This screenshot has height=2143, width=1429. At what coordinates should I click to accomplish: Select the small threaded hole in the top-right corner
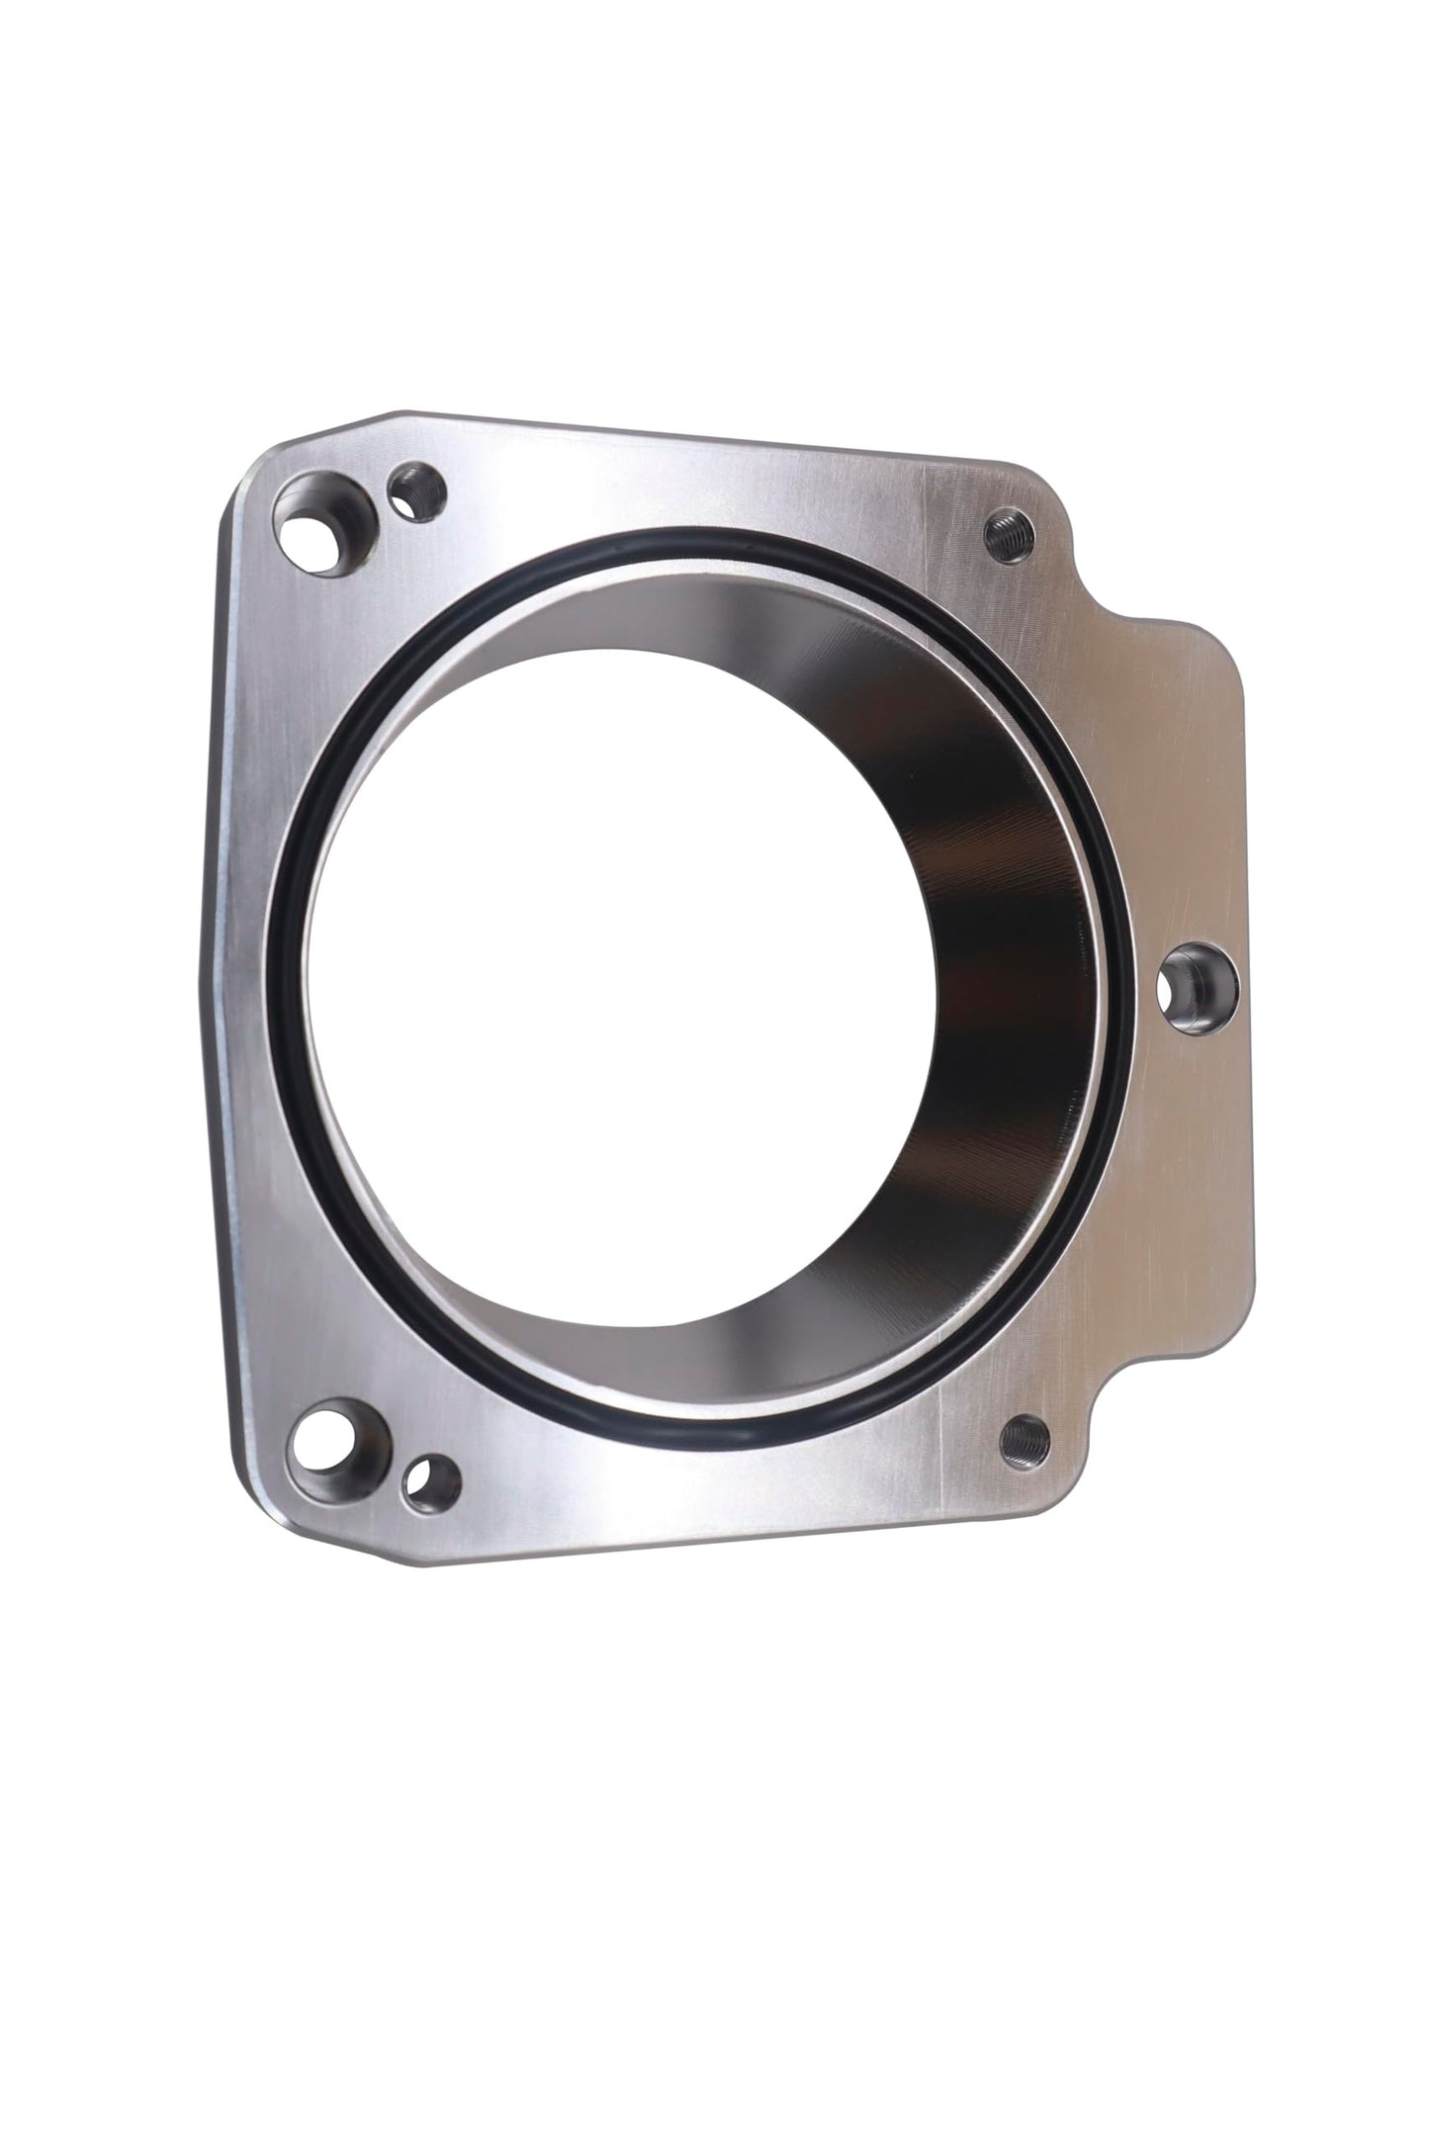click(x=1009, y=535)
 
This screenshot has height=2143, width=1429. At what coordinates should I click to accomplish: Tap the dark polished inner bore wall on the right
click(x=999, y=989)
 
